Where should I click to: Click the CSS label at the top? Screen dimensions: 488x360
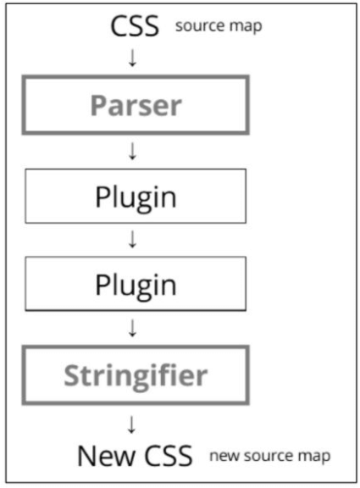[136, 26]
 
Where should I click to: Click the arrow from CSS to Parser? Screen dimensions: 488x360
[131, 59]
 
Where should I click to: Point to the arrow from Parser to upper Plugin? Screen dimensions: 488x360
[131, 151]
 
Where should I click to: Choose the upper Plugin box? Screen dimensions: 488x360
[136, 197]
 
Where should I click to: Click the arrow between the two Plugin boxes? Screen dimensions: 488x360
[131, 240]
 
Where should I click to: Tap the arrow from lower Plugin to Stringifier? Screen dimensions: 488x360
[131, 326]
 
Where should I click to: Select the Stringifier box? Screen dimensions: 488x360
[136, 373]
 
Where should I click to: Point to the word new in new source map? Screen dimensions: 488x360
[225, 457]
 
